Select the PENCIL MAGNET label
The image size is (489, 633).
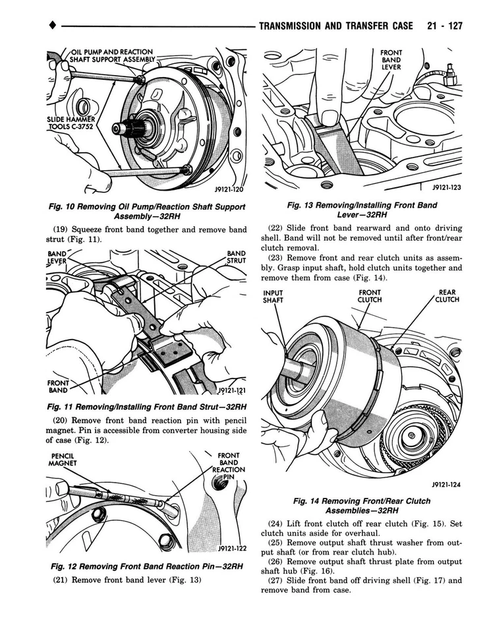click(63, 460)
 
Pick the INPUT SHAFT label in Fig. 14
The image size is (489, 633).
click(273, 297)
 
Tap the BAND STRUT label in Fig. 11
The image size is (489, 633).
click(235, 256)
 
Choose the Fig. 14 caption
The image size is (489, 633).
click(362, 506)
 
